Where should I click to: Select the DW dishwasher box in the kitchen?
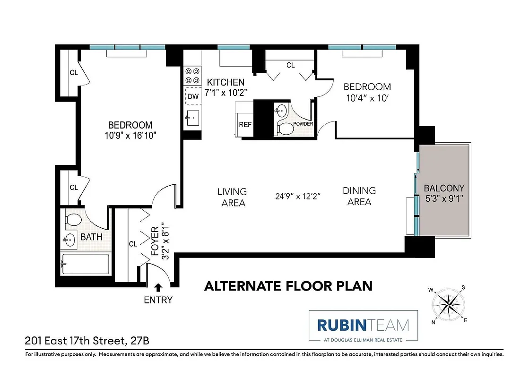(x=193, y=96)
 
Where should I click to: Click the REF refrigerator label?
(x=245, y=125)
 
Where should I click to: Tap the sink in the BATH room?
(x=69, y=240)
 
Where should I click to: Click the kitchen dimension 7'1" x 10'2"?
(x=226, y=92)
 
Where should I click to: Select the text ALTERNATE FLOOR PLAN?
(x=288, y=286)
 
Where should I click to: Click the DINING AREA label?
(x=359, y=196)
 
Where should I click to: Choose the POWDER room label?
(x=303, y=124)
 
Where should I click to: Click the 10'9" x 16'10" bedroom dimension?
(x=130, y=135)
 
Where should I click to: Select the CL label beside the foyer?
(x=133, y=244)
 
